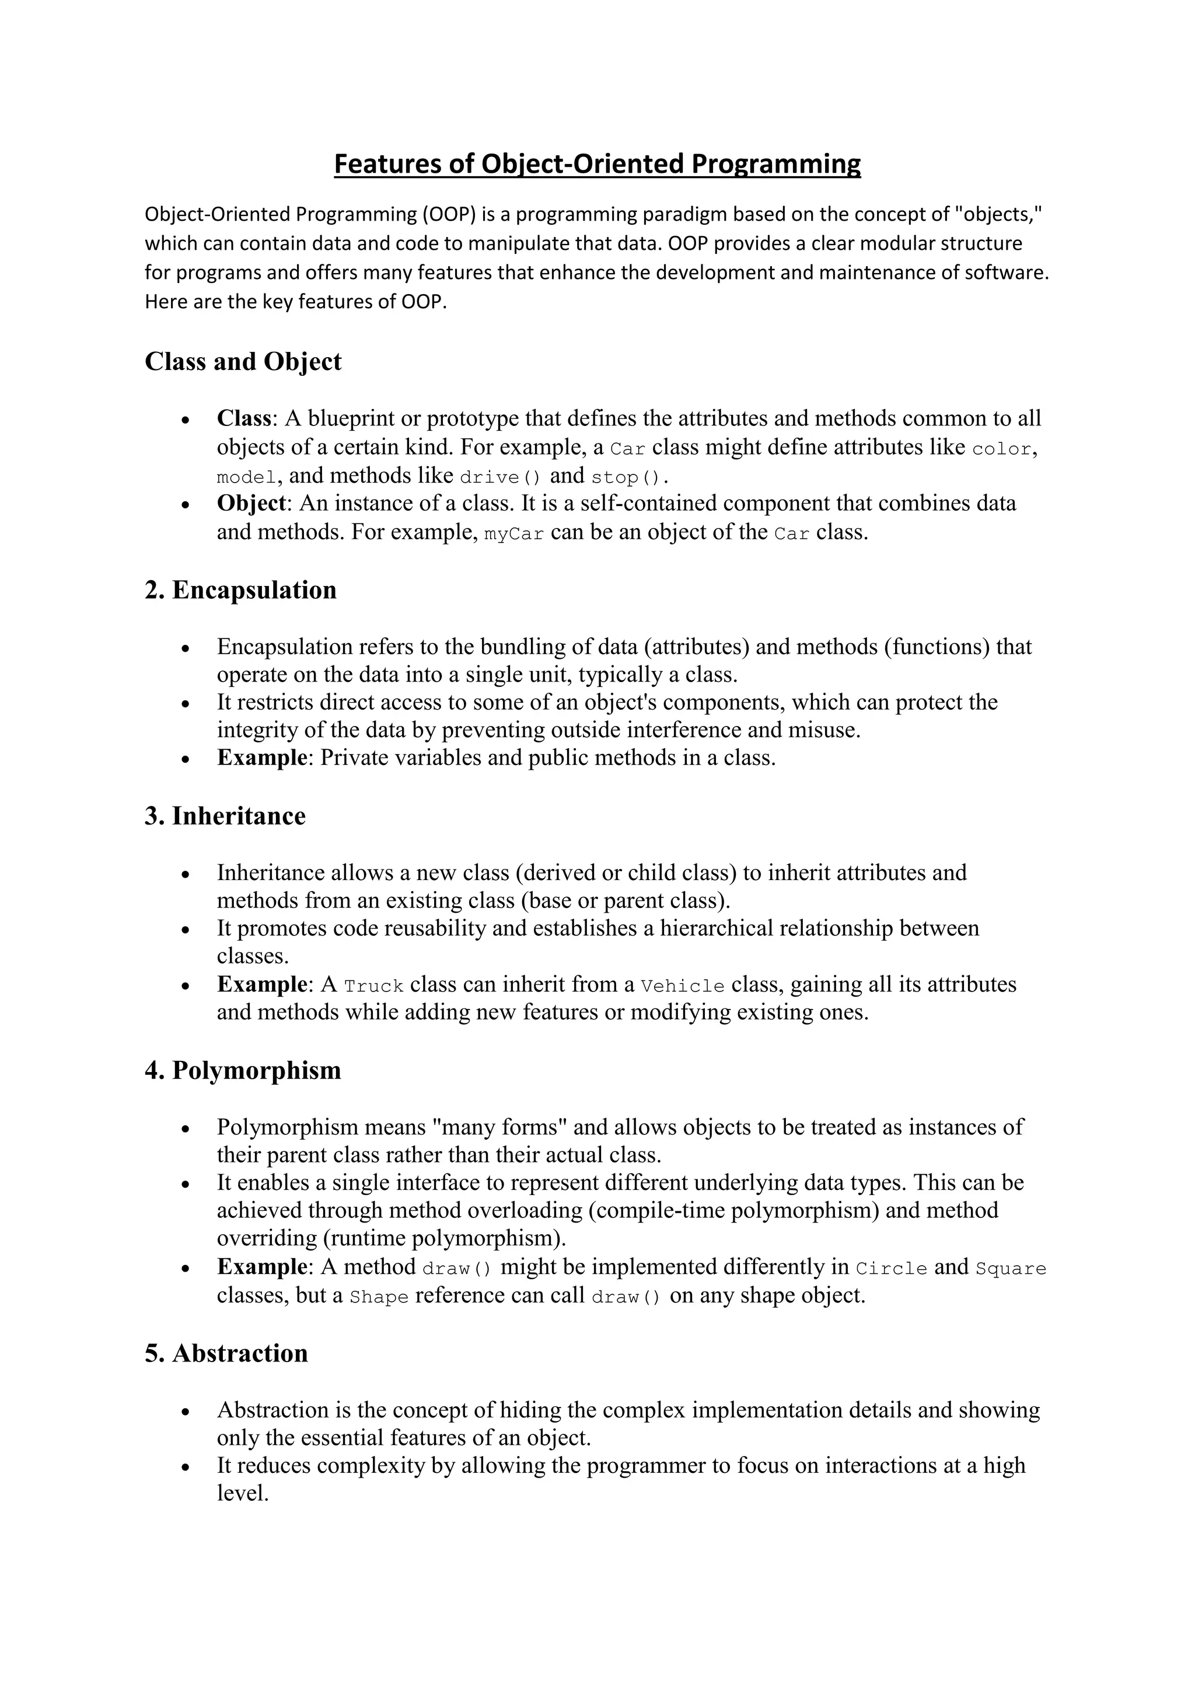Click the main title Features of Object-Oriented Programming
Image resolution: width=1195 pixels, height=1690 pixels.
point(597,163)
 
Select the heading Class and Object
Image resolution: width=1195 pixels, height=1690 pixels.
point(243,361)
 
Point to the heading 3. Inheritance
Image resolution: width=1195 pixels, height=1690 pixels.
point(225,816)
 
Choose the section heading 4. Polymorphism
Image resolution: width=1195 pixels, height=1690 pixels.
point(243,1070)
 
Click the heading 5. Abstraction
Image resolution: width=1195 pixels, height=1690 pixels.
point(226,1353)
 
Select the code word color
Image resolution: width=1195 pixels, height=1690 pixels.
point(1001,449)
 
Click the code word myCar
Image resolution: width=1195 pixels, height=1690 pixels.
point(514,533)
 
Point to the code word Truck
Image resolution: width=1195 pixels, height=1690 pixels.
point(374,986)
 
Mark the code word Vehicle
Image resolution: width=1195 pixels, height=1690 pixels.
point(683,986)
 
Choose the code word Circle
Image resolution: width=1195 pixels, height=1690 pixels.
point(891,1268)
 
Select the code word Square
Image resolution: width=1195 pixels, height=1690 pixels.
point(1010,1268)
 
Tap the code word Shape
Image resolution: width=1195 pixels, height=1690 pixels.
point(379,1297)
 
